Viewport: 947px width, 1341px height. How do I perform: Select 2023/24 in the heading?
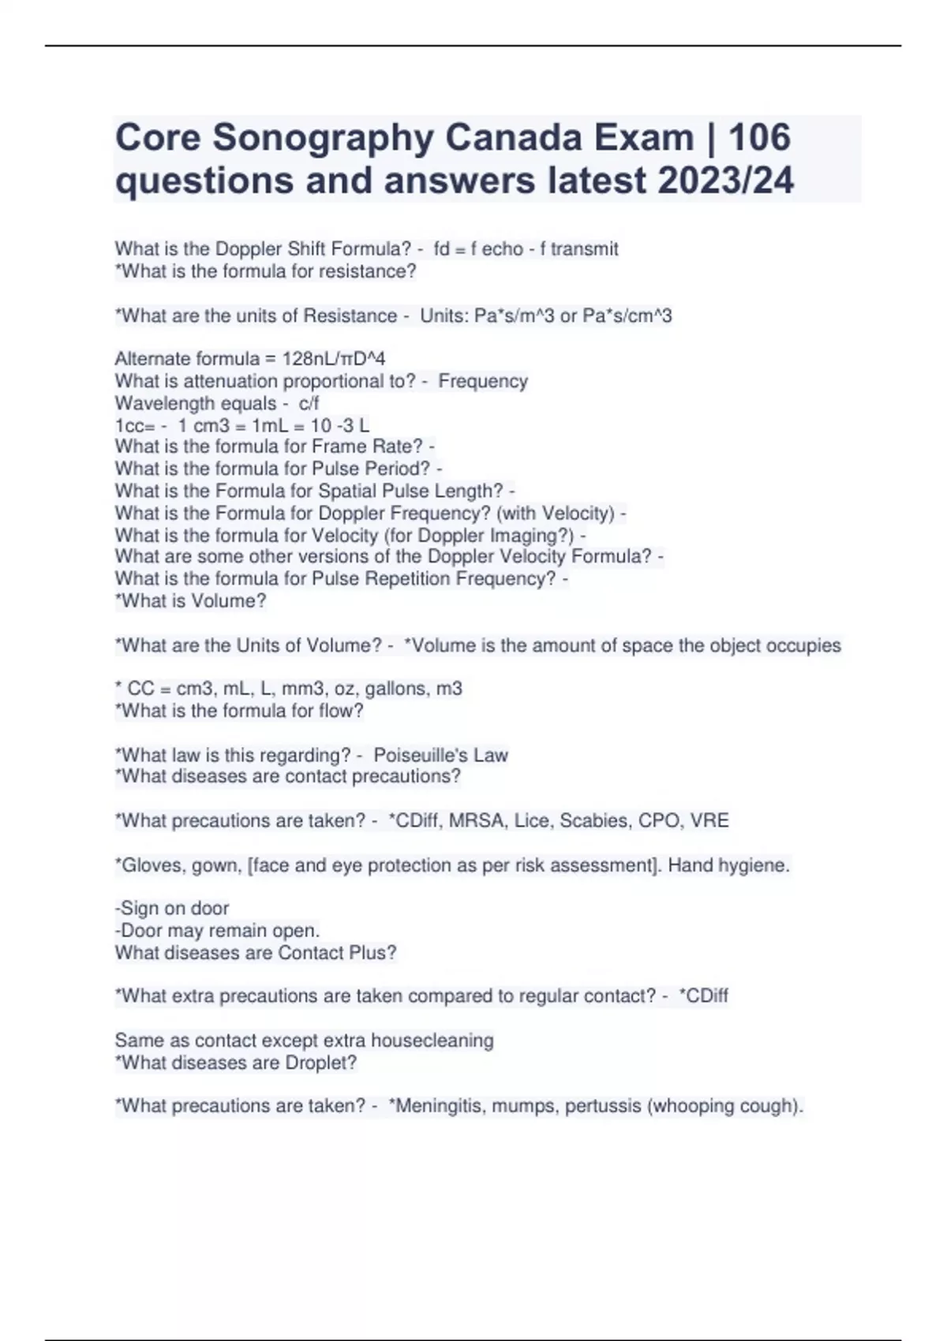pyautogui.click(x=725, y=181)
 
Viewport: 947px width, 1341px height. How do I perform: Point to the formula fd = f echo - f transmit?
pyautogui.click(x=526, y=249)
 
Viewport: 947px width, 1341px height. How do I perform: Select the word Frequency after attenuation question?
pyautogui.click(x=483, y=382)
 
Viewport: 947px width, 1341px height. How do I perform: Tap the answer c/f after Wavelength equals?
pyautogui.click(x=309, y=404)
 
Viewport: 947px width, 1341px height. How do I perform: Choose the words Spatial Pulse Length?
pyautogui.click(x=410, y=491)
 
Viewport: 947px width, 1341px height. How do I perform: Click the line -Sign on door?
pyautogui.click(x=172, y=909)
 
